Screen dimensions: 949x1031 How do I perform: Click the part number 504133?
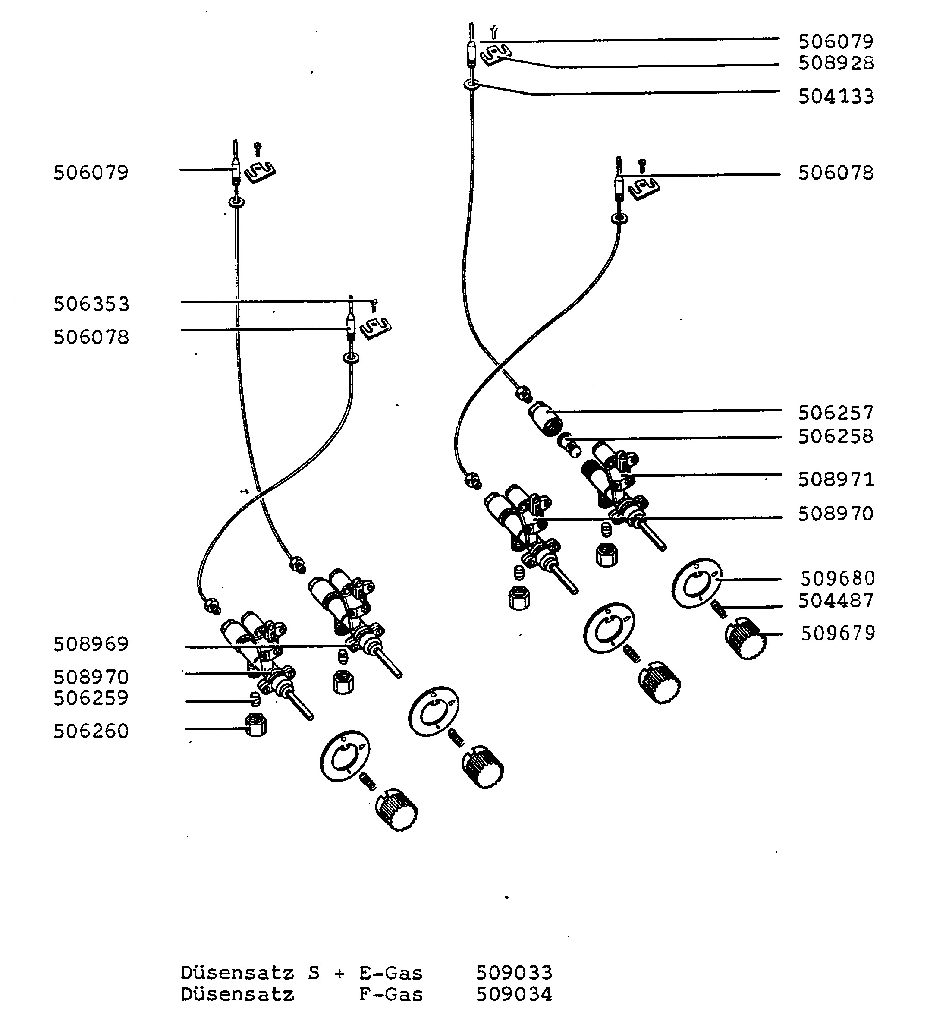[836, 97]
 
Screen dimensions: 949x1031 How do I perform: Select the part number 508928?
[836, 63]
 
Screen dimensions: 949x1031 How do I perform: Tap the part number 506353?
[91, 304]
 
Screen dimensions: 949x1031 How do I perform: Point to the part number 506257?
[836, 413]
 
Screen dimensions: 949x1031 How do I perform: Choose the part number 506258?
[836, 437]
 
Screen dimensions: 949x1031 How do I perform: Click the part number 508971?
[836, 480]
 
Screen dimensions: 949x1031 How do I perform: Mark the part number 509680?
[838, 579]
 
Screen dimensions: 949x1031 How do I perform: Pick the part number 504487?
[836, 601]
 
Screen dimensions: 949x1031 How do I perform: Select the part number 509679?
[838, 634]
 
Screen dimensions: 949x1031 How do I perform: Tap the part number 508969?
[91, 645]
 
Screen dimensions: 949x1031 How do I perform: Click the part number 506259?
[91, 698]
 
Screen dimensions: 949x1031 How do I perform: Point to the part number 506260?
[91, 731]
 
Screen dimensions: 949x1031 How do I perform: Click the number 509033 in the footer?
[514, 973]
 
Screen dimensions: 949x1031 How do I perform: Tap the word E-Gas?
[391, 973]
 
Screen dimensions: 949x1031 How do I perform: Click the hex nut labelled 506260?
[256, 725]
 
